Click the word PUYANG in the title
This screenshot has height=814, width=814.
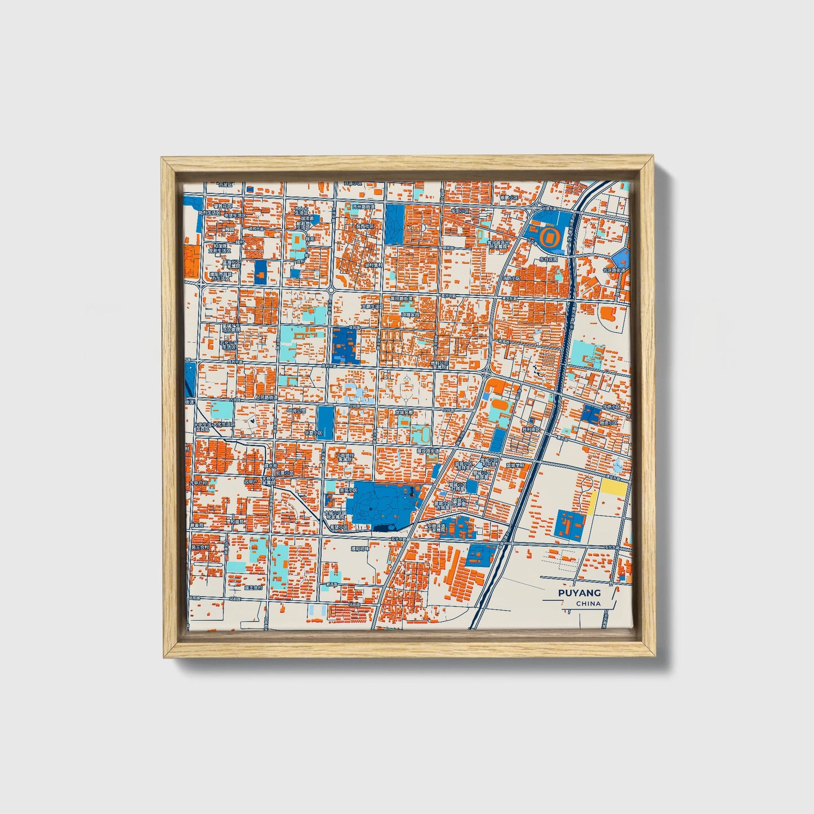click(579, 593)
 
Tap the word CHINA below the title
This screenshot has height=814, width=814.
click(588, 603)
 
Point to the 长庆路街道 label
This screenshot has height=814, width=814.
click(615, 270)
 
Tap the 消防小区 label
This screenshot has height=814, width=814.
click(511, 278)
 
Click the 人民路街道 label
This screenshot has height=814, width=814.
click(266, 398)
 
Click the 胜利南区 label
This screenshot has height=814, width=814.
click(531, 429)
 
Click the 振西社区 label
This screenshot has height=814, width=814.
click(364, 226)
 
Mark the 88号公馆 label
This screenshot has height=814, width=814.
click(296, 411)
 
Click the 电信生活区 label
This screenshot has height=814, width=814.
click(235, 215)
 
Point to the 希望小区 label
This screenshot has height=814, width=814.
click(339, 527)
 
